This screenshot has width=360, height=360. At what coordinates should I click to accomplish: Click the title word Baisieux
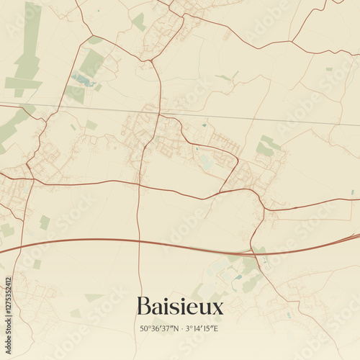[x=179, y=307]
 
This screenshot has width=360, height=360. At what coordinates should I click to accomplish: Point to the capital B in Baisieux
[x=142, y=307]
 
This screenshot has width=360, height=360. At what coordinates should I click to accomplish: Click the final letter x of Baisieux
[x=217, y=308]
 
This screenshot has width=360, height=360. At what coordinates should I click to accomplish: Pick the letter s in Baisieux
[x=178, y=308]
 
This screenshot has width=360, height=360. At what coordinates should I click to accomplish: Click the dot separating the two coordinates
[x=181, y=330]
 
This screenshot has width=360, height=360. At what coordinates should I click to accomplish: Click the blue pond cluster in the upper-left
[x=83, y=80]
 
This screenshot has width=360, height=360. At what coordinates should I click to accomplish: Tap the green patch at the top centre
[x=138, y=22]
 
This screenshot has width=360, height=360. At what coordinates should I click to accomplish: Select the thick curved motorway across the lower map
[x=144, y=241]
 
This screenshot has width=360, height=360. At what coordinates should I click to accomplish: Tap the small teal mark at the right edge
[x=353, y=192]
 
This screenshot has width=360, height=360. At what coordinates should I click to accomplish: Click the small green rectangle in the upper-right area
[x=329, y=69]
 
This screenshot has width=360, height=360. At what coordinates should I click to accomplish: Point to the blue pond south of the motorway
[x=238, y=276]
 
